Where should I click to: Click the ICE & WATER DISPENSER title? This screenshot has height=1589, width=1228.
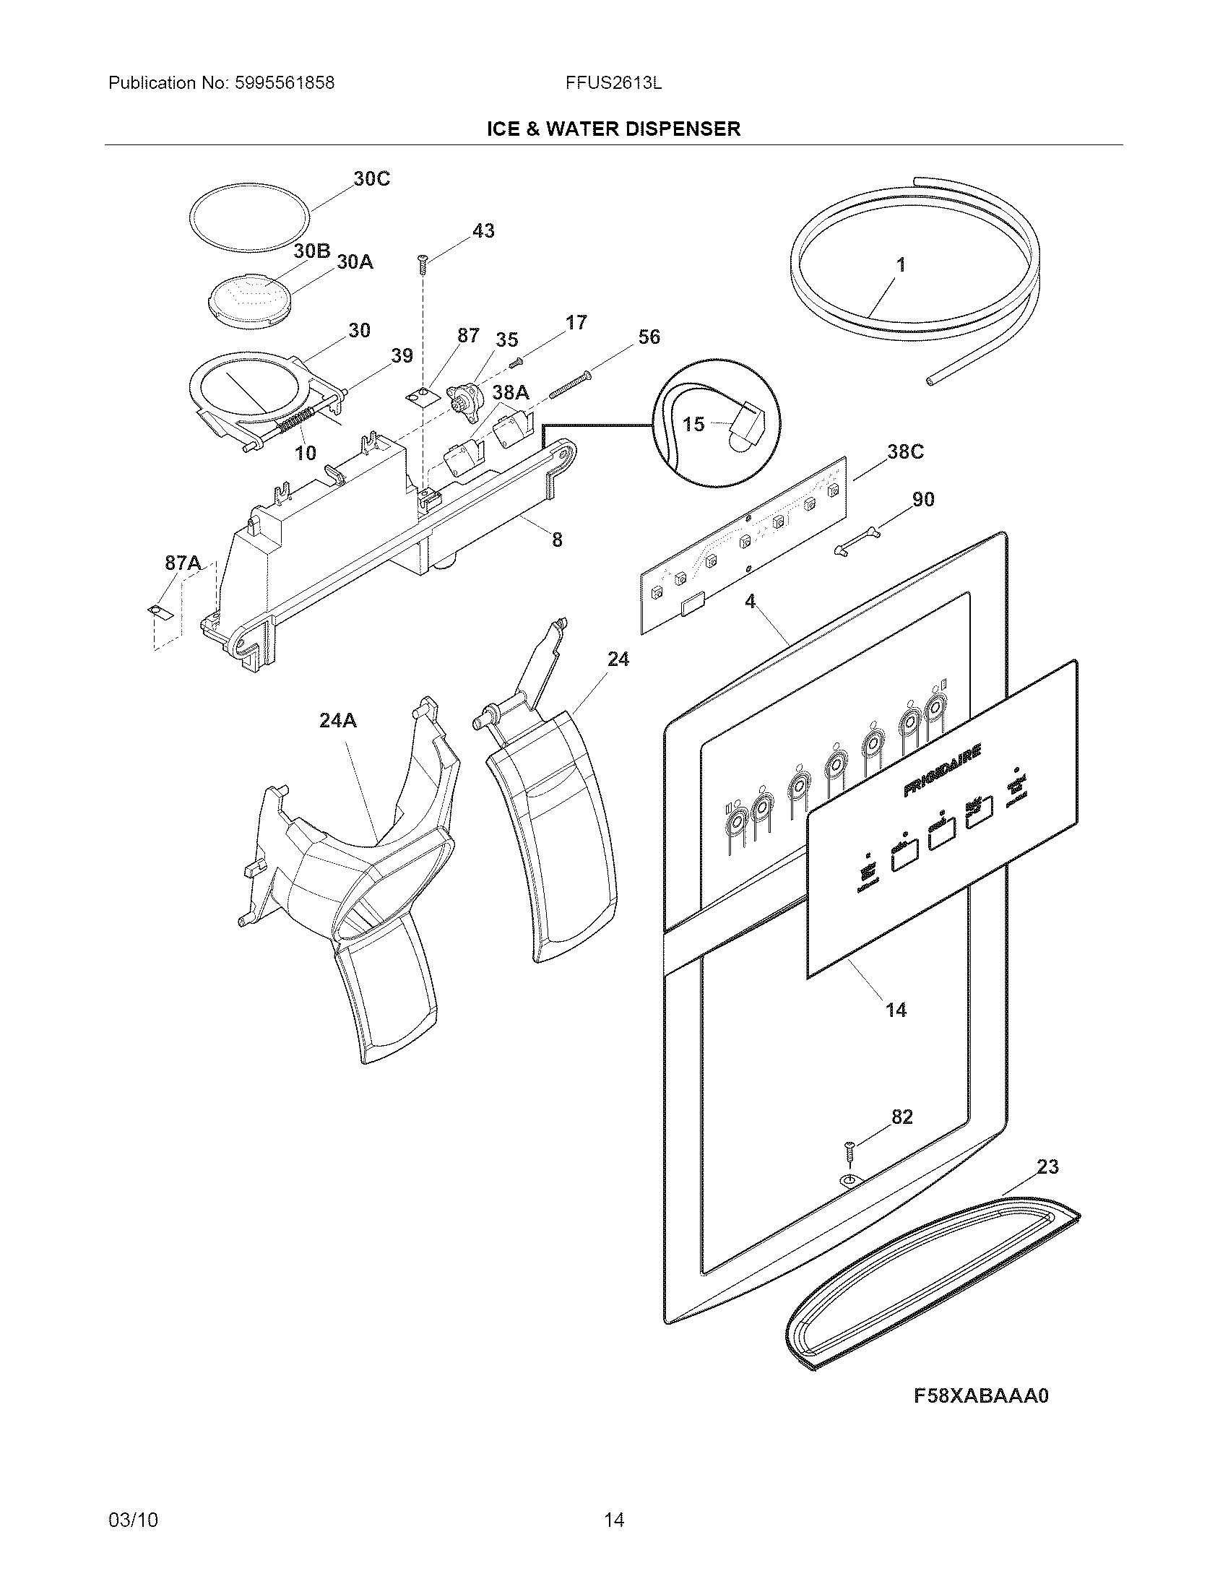(x=613, y=129)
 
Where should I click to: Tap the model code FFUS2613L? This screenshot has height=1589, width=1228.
(x=613, y=83)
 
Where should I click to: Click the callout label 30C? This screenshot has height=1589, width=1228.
(x=372, y=179)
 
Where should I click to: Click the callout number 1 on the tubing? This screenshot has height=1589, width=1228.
(x=901, y=265)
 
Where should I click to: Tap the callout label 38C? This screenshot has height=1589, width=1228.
(x=905, y=452)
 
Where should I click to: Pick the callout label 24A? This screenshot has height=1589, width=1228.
(x=338, y=720)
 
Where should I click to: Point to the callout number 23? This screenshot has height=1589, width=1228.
(x=1047, y=1167)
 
